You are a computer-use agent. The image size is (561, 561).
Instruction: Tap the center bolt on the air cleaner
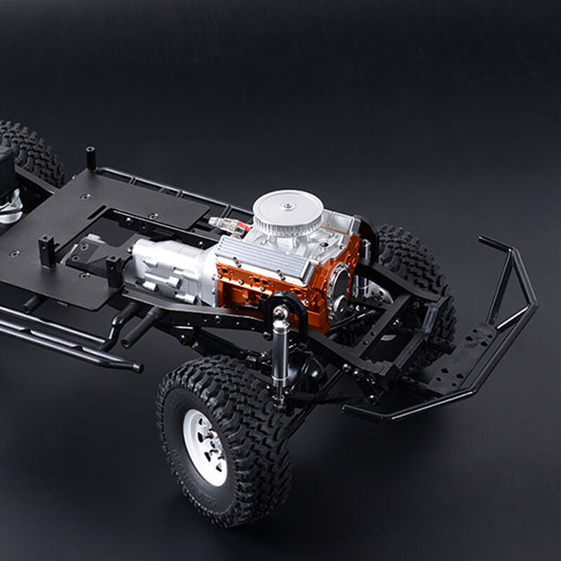pyautogui.click(x=288, y=206)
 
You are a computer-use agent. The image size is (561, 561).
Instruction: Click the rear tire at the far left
pyautogui.click(x=32, y=151)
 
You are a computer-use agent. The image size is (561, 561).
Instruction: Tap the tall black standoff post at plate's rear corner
pyautogui.click(x=90, y=158)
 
